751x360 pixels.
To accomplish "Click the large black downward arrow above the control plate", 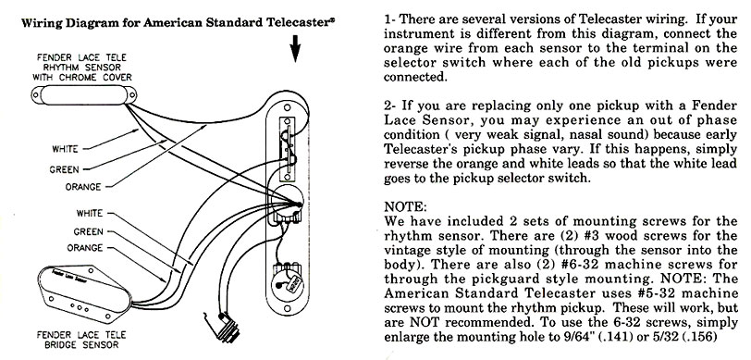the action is [x=296, y=48].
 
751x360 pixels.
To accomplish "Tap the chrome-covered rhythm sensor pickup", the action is [x=84, y=95].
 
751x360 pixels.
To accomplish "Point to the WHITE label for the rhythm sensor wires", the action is [x=65, y=149].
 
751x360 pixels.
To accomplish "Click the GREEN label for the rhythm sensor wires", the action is [x=64, y=169].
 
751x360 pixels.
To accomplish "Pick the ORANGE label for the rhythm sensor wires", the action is [x=83, y=187].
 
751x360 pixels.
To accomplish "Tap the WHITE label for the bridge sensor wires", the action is [x=89, y=213].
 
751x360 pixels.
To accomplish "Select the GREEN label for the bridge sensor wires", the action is [x=88, y=231].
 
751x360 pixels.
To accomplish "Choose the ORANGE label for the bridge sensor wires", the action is [x=85, y=248].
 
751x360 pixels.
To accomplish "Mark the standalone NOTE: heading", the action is [x=405, y=207].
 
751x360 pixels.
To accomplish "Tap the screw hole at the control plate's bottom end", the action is [x=287, y=308].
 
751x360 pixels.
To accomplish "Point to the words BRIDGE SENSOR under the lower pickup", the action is [x=81, y=344].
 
